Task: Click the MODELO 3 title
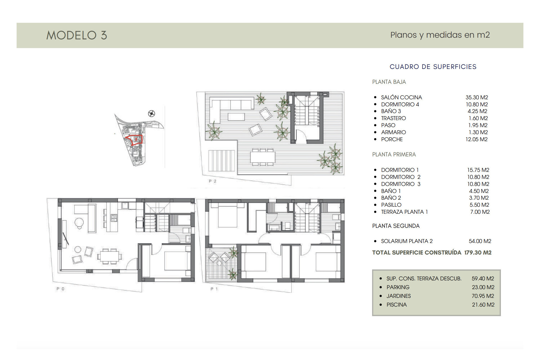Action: pos(76,35)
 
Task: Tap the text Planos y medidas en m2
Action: pos(440,35)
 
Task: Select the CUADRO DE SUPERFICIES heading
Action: pos(433,67)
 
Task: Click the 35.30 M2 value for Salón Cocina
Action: pos(477,97)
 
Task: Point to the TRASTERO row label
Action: pos(393,118)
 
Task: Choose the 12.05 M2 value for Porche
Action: pos(476,139)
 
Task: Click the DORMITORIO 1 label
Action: pos(400,170)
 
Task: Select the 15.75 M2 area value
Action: pos(478,170)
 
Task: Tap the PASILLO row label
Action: pos(391,205)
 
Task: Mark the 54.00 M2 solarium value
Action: pos(480,241)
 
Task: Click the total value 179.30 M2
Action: pos(478,253)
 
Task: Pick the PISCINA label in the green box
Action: pos(396,305)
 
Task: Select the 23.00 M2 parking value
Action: pos(483,287)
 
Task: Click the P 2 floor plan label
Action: pos(213,181)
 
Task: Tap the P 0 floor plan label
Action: pos(60,289)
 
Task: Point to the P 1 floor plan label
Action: pos(214,289)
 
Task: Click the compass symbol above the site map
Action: pos(152,113)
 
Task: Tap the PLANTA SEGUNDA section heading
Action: pos(396,226)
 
